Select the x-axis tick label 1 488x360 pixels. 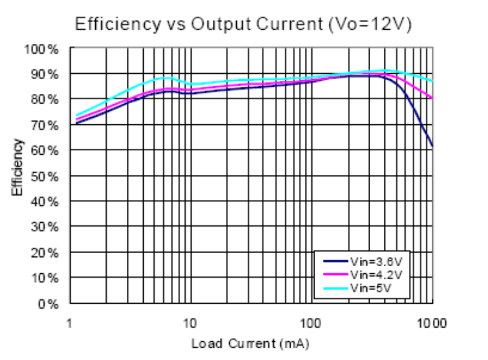(x=69, y=322)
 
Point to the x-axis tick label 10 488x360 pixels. (x=190, y=322)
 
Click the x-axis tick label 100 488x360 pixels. (x=311, y=322)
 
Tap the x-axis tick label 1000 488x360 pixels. (x=431, y=322)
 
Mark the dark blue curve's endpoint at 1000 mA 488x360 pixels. (x=432, y=146)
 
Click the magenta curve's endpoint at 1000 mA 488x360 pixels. (x=432, y=98)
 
